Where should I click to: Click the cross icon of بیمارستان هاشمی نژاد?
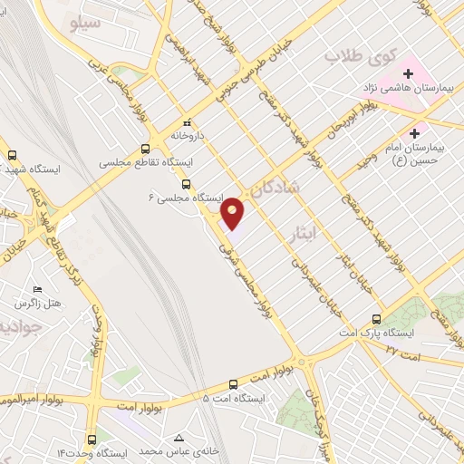tap(408, 72)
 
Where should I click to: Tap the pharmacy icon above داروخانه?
tap(187, 122)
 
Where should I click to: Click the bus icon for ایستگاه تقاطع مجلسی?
tap(146, 150)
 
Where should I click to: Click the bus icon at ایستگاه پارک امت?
tap(378, 319)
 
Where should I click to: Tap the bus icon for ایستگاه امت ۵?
tap(233, 383)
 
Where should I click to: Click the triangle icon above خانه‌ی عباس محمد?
tap(188, 437)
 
